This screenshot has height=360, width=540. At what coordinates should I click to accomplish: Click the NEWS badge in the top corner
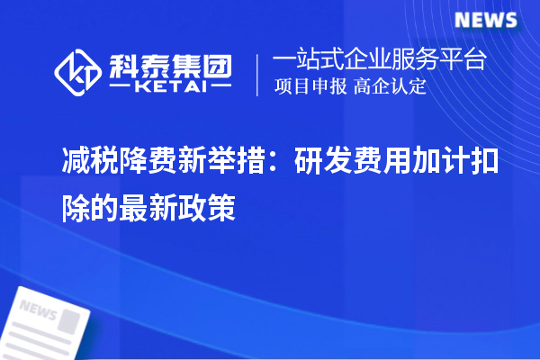[485, 20]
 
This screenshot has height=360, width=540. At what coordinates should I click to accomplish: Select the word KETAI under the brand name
[170, 87]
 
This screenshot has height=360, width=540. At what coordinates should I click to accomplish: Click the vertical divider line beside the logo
[259, 74]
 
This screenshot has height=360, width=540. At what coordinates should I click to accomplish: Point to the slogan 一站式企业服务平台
[379, 61]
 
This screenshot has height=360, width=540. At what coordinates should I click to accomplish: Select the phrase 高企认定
[390, 87]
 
